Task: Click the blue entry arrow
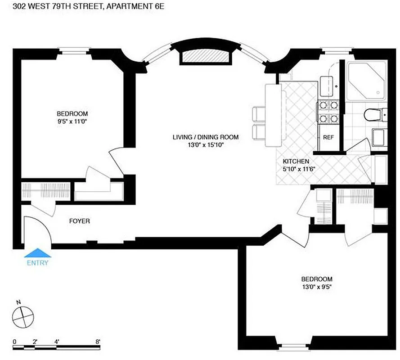click(x=37, y=253)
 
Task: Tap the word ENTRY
click(x=37, y=263)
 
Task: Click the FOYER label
click(x=79, y=221)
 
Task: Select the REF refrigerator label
click(x=328, y=137)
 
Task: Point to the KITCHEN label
click(x=296, y=162)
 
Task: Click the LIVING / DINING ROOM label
click(x=206, y=137)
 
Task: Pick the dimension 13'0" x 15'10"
click(x=206, y=145)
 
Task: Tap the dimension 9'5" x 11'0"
click(x=72, y=121)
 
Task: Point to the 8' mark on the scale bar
click(x=98, y=342)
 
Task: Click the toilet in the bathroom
click(x=373, y=116)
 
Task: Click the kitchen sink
click(x=328, y=83)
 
